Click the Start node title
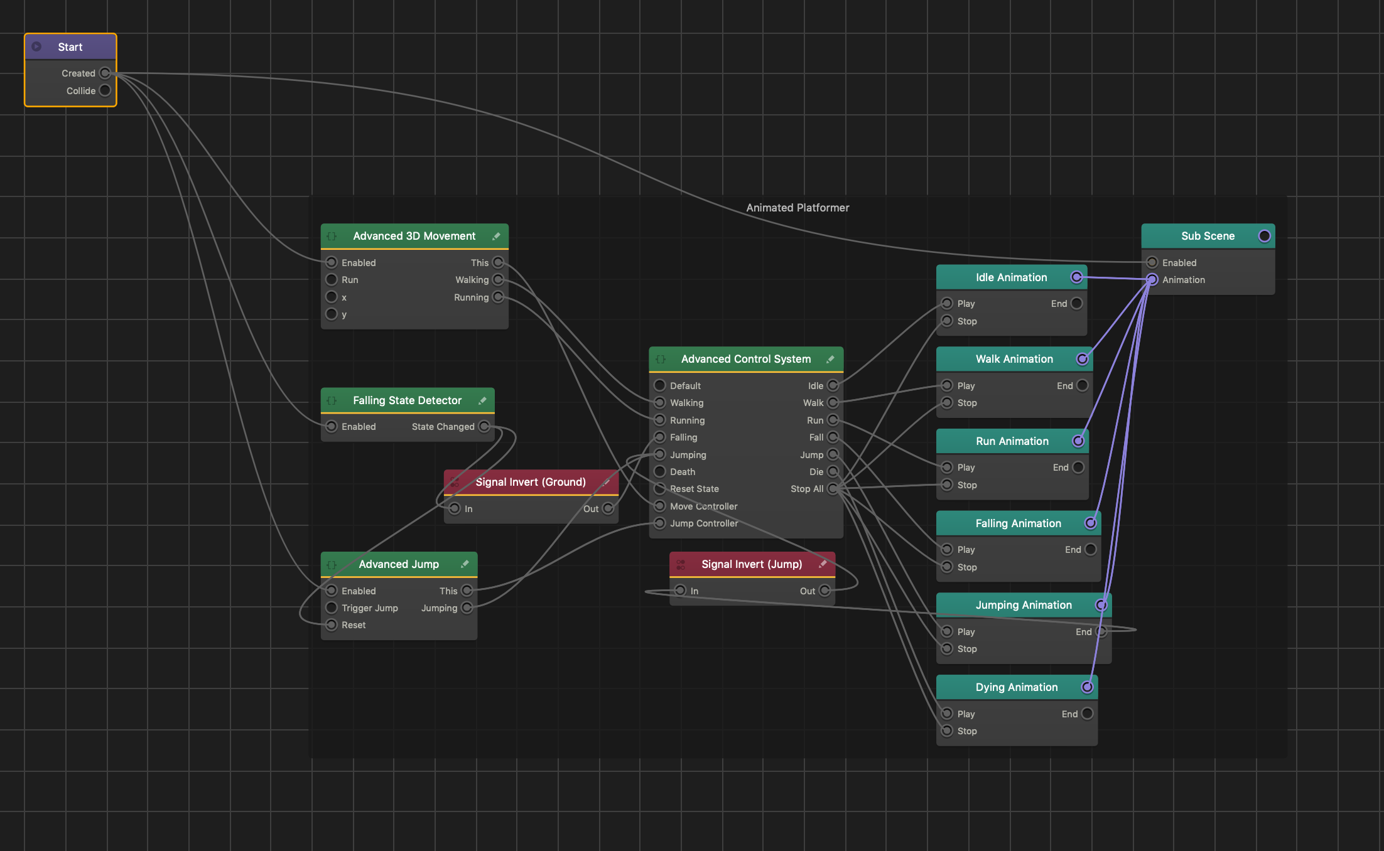(x=70, y=47)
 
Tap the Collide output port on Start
(x=105, y=90)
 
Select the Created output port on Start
(x=105, y=73)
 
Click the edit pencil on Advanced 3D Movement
(x=496, y=236)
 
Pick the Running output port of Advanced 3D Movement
(x=498, y=297)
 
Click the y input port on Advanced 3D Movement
(x=332, y=314)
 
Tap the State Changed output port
(x=484, y=427)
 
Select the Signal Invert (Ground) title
(x=531, y=482)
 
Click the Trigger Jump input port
(x=332, y=607)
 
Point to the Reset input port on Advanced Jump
(x=332, y=624)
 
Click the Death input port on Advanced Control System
(x=660, y=471)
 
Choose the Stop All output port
(x=833, y=488)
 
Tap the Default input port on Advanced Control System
(x=660, y=385)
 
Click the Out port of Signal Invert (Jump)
(x=825, y=591)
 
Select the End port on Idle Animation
(x=1077, y=303)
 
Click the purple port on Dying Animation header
(x=1087, y=687)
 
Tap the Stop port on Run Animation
(x=948, y=484)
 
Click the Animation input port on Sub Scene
(x=1152, y=279)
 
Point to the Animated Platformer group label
(x=797, y=208)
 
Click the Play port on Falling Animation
(x=948, y=549)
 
